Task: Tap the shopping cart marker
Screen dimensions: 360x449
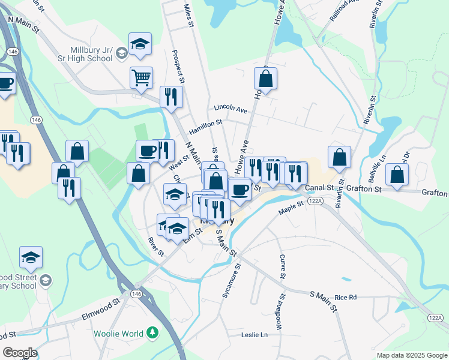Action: coord(141,77)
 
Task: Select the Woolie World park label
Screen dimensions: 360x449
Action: coord(118,334)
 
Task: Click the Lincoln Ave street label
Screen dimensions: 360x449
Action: coord(231,110)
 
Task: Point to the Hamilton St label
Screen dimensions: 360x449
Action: coord(205,125)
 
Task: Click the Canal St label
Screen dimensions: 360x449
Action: coord(319,188)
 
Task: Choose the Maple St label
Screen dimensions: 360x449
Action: coord(292,211)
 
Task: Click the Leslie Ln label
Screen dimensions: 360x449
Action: coord(254,335)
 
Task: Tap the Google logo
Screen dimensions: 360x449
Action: coord(20,353)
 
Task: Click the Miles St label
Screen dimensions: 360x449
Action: coord(188,15)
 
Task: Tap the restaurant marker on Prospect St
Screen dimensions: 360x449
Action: coord(172,97)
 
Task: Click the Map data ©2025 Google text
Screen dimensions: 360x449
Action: coord(411,355)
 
